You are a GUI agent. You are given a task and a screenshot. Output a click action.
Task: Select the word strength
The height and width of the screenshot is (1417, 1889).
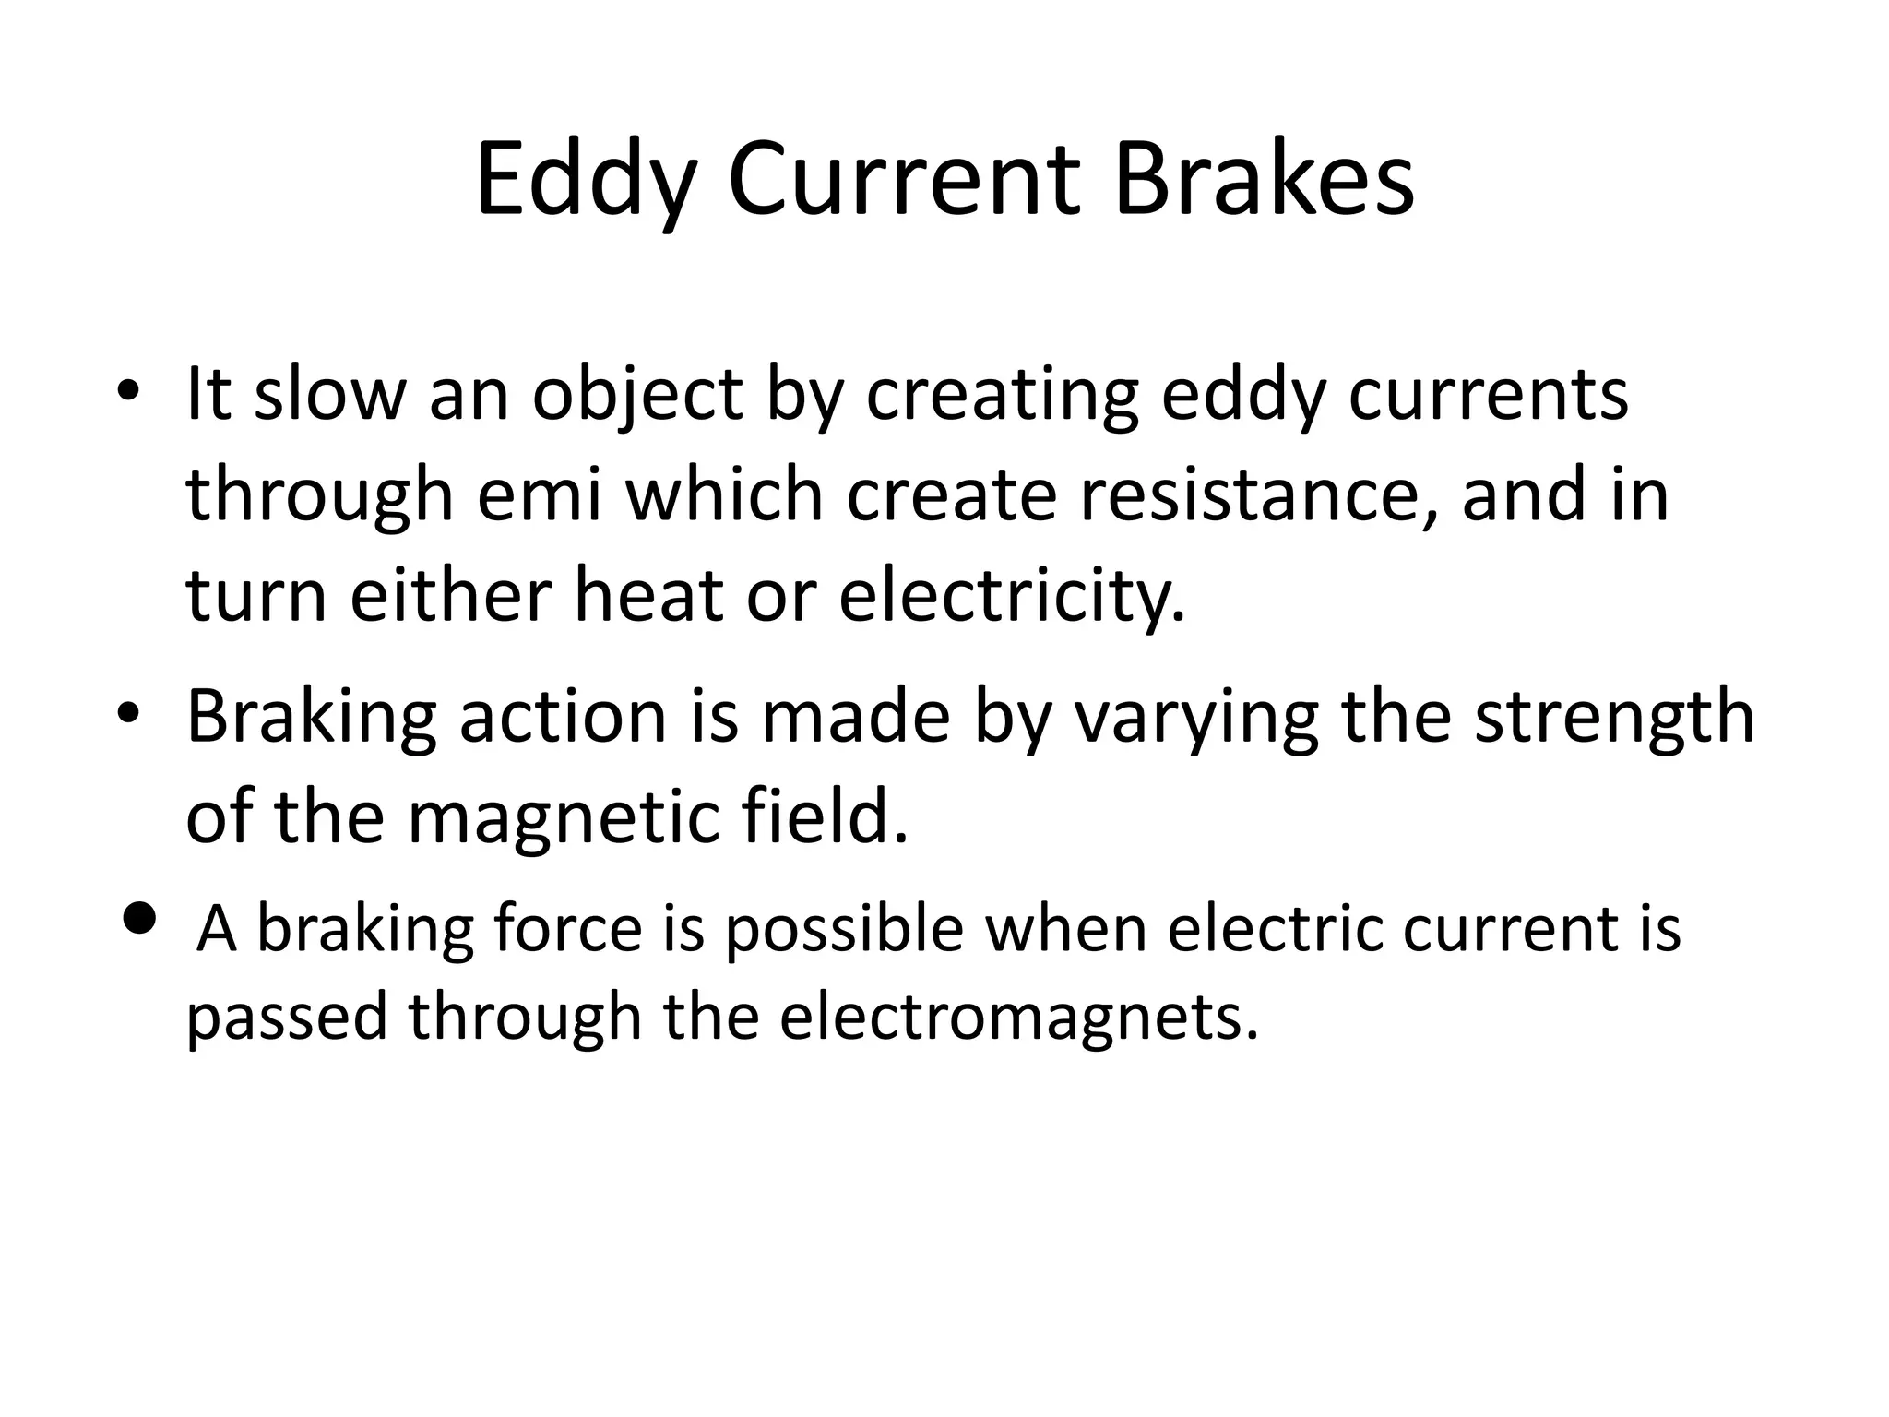pos(1614,718)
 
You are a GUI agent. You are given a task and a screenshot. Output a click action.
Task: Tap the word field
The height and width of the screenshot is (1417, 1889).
pos(825,816)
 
